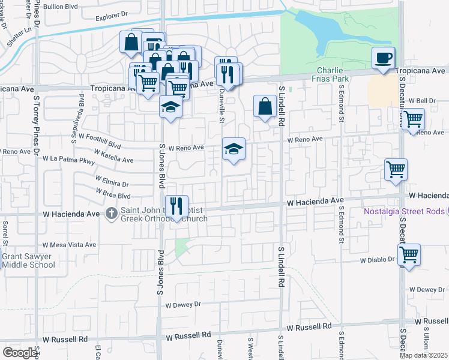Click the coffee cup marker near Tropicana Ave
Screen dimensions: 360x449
pyautogui.click(x=383, y=58)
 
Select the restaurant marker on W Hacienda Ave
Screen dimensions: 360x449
pyautogui.click(x=176, y=207)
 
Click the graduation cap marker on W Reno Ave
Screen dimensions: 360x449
pyautogui.click(x=234, y=149)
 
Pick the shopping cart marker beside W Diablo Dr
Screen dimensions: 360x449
pyautogui.click(x=409, y=254)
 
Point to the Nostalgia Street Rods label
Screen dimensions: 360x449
pyautogui.click(x=406, y=211)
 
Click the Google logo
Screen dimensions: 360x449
pyautogui.click(x=20, y=352)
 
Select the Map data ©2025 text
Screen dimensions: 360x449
pyautogui.click(x=423, y=355)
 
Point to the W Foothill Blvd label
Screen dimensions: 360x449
pyautogui.click(x=99, y=141)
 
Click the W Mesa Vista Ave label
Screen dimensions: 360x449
pyautogui.click(x=69, y=245)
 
